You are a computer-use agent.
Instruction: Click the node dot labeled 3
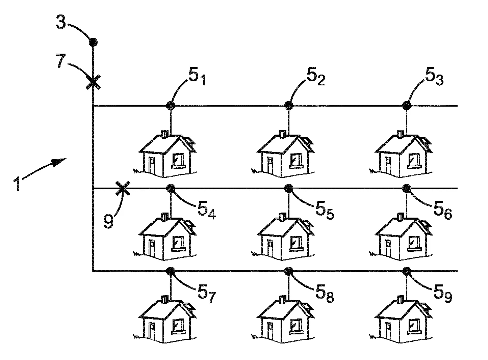coord(93,42)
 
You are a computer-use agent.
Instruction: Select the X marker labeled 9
coord(122,188)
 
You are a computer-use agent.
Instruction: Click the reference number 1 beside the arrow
coord(17,184)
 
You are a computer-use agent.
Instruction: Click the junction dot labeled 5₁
coord(171,106)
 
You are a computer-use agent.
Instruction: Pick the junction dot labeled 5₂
coord(289,106)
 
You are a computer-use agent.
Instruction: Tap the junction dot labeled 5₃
coord(407,106)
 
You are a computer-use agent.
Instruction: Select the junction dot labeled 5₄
coord(171,188)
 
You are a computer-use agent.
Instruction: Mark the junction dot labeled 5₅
coord(289,188)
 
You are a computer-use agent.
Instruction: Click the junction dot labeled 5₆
coord(407,188)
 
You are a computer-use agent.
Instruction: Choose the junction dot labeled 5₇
coord(171,271)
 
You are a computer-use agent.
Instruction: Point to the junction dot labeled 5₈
coord(289,271)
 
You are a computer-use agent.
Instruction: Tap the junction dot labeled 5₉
coord(407,271)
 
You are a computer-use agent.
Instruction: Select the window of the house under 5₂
coord(296,160)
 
